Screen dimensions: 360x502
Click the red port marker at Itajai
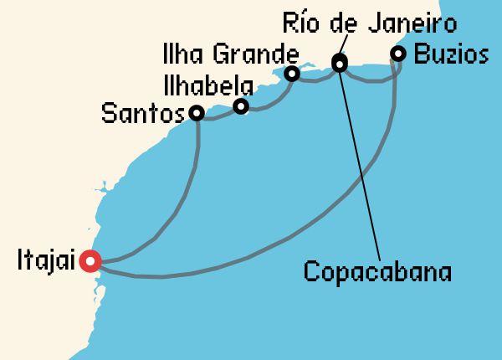[90, 261]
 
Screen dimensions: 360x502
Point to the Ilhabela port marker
[241, 106]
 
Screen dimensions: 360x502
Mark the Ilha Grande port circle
[291, 74]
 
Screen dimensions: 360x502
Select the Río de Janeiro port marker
[339, 62]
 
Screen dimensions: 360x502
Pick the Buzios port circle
[398, 54]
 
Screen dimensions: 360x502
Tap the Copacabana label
[377, 272]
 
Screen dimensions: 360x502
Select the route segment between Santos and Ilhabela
[219, 116]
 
